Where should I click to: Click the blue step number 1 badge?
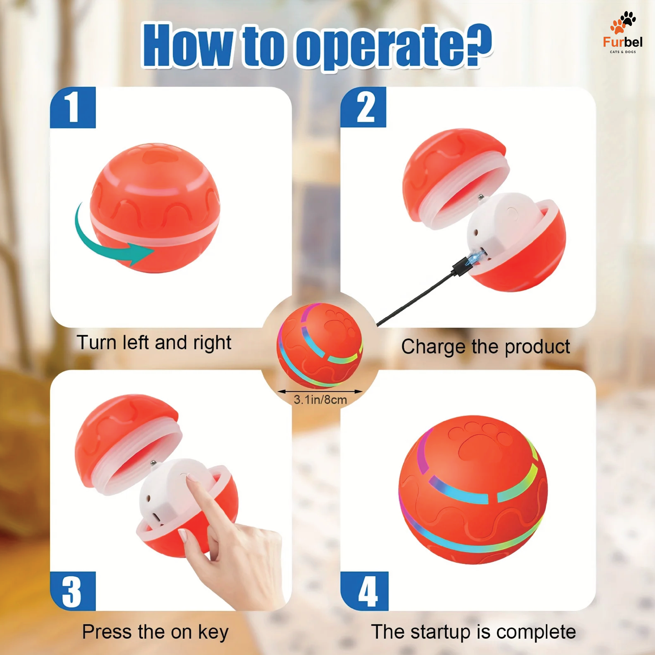pos(73,108)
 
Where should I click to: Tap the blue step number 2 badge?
pos(363,107)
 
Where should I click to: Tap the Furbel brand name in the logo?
pos(623,42)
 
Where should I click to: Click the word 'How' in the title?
pos(188,45)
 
